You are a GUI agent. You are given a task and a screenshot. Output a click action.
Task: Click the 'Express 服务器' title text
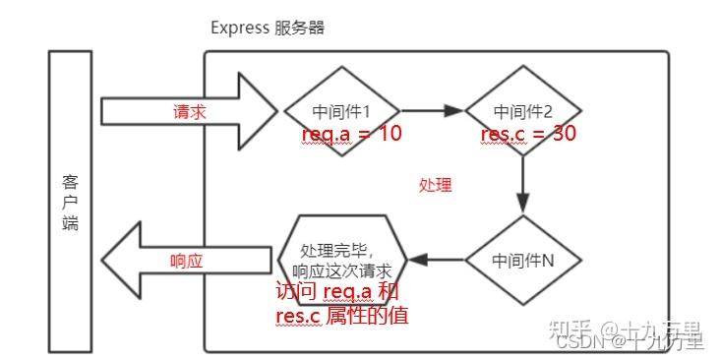268,28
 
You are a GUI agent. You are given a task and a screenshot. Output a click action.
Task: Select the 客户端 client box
70,202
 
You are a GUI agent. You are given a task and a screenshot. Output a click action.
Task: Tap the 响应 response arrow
187,261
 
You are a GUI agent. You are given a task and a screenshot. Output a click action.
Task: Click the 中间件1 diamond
341,111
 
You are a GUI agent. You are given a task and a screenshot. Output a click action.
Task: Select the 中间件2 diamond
522,111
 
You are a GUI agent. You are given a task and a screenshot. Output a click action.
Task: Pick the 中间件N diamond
522,261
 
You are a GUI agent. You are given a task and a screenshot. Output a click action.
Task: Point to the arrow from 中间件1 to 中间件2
431,111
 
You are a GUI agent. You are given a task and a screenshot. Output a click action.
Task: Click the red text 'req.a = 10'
351,135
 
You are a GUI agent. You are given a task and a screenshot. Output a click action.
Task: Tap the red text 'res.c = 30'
528,134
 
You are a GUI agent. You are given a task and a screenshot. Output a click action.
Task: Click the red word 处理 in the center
436,185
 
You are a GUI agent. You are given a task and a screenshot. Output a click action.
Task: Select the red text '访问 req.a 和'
338,293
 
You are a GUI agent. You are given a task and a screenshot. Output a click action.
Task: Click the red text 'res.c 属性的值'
342,316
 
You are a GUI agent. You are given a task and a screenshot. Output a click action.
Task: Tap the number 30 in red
564,134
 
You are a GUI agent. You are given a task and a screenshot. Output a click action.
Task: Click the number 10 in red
389,135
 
